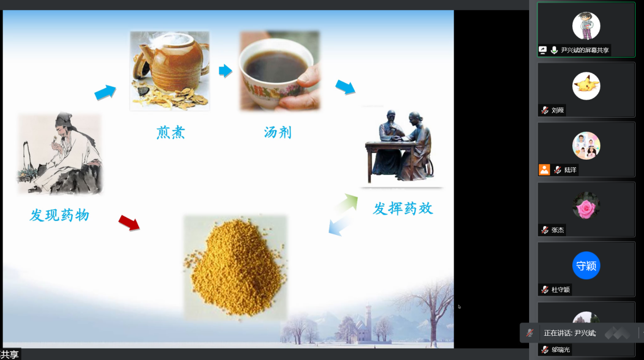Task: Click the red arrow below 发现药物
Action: tap(129, 223)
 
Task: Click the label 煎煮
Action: tap(171, 132)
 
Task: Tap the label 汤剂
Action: tap(278, 132)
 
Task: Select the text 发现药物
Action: tap(60, 215)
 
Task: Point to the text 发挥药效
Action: tap(403, 209)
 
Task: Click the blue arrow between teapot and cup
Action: tap(226, 71)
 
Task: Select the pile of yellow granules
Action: tap(236, 267)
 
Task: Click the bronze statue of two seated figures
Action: tap(400, 146)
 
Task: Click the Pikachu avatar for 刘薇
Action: tap(586, 86)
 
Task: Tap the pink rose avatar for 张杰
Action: tap(586, 206)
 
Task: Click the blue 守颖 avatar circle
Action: tap(586, 266)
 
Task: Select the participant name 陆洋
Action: tap(570, 170)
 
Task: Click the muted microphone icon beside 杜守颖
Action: tap(545, 289)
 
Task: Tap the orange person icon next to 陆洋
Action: tap(544, 170)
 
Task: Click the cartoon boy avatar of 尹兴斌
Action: tap(586, 26)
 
